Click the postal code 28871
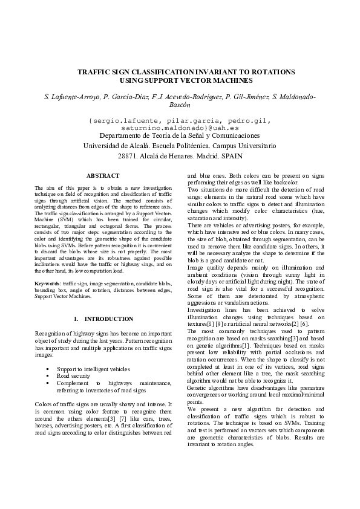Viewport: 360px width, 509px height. tap(128, 156)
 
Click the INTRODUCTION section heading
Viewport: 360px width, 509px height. tap(109, 319)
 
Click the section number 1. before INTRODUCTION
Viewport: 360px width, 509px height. tap(76, 319)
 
